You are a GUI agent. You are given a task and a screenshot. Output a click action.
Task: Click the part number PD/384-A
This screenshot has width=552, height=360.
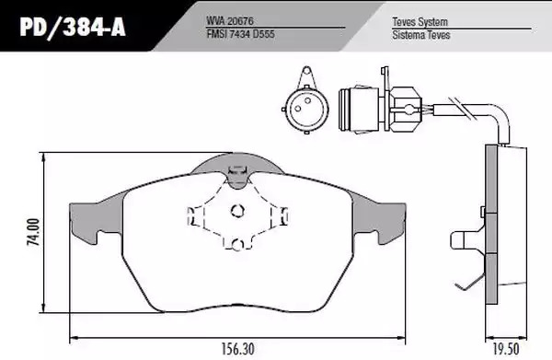(x=73, y=27)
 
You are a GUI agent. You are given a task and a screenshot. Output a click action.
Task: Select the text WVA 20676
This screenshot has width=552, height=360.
(x=229, y=21)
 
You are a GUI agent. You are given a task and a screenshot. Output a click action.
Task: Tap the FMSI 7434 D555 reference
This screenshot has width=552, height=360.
(x=240, y=34)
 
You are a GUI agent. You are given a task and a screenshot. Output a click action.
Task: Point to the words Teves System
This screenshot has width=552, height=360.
(x=420, y=22)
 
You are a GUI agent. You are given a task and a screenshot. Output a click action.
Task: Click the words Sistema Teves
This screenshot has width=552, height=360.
(x=421, y=35)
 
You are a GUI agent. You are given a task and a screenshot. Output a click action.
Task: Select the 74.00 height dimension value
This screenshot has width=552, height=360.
(x=34, y=232)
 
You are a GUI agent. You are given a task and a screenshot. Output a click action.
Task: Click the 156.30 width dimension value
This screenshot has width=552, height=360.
(x=237, y=349)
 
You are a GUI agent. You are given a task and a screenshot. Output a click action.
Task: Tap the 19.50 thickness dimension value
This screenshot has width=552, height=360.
(x=505, y=349)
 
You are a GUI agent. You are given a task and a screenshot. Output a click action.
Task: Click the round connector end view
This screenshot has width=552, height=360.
(x=306, y=110)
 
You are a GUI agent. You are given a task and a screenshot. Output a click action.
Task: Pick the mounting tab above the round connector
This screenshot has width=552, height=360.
(x=306, y=75)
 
